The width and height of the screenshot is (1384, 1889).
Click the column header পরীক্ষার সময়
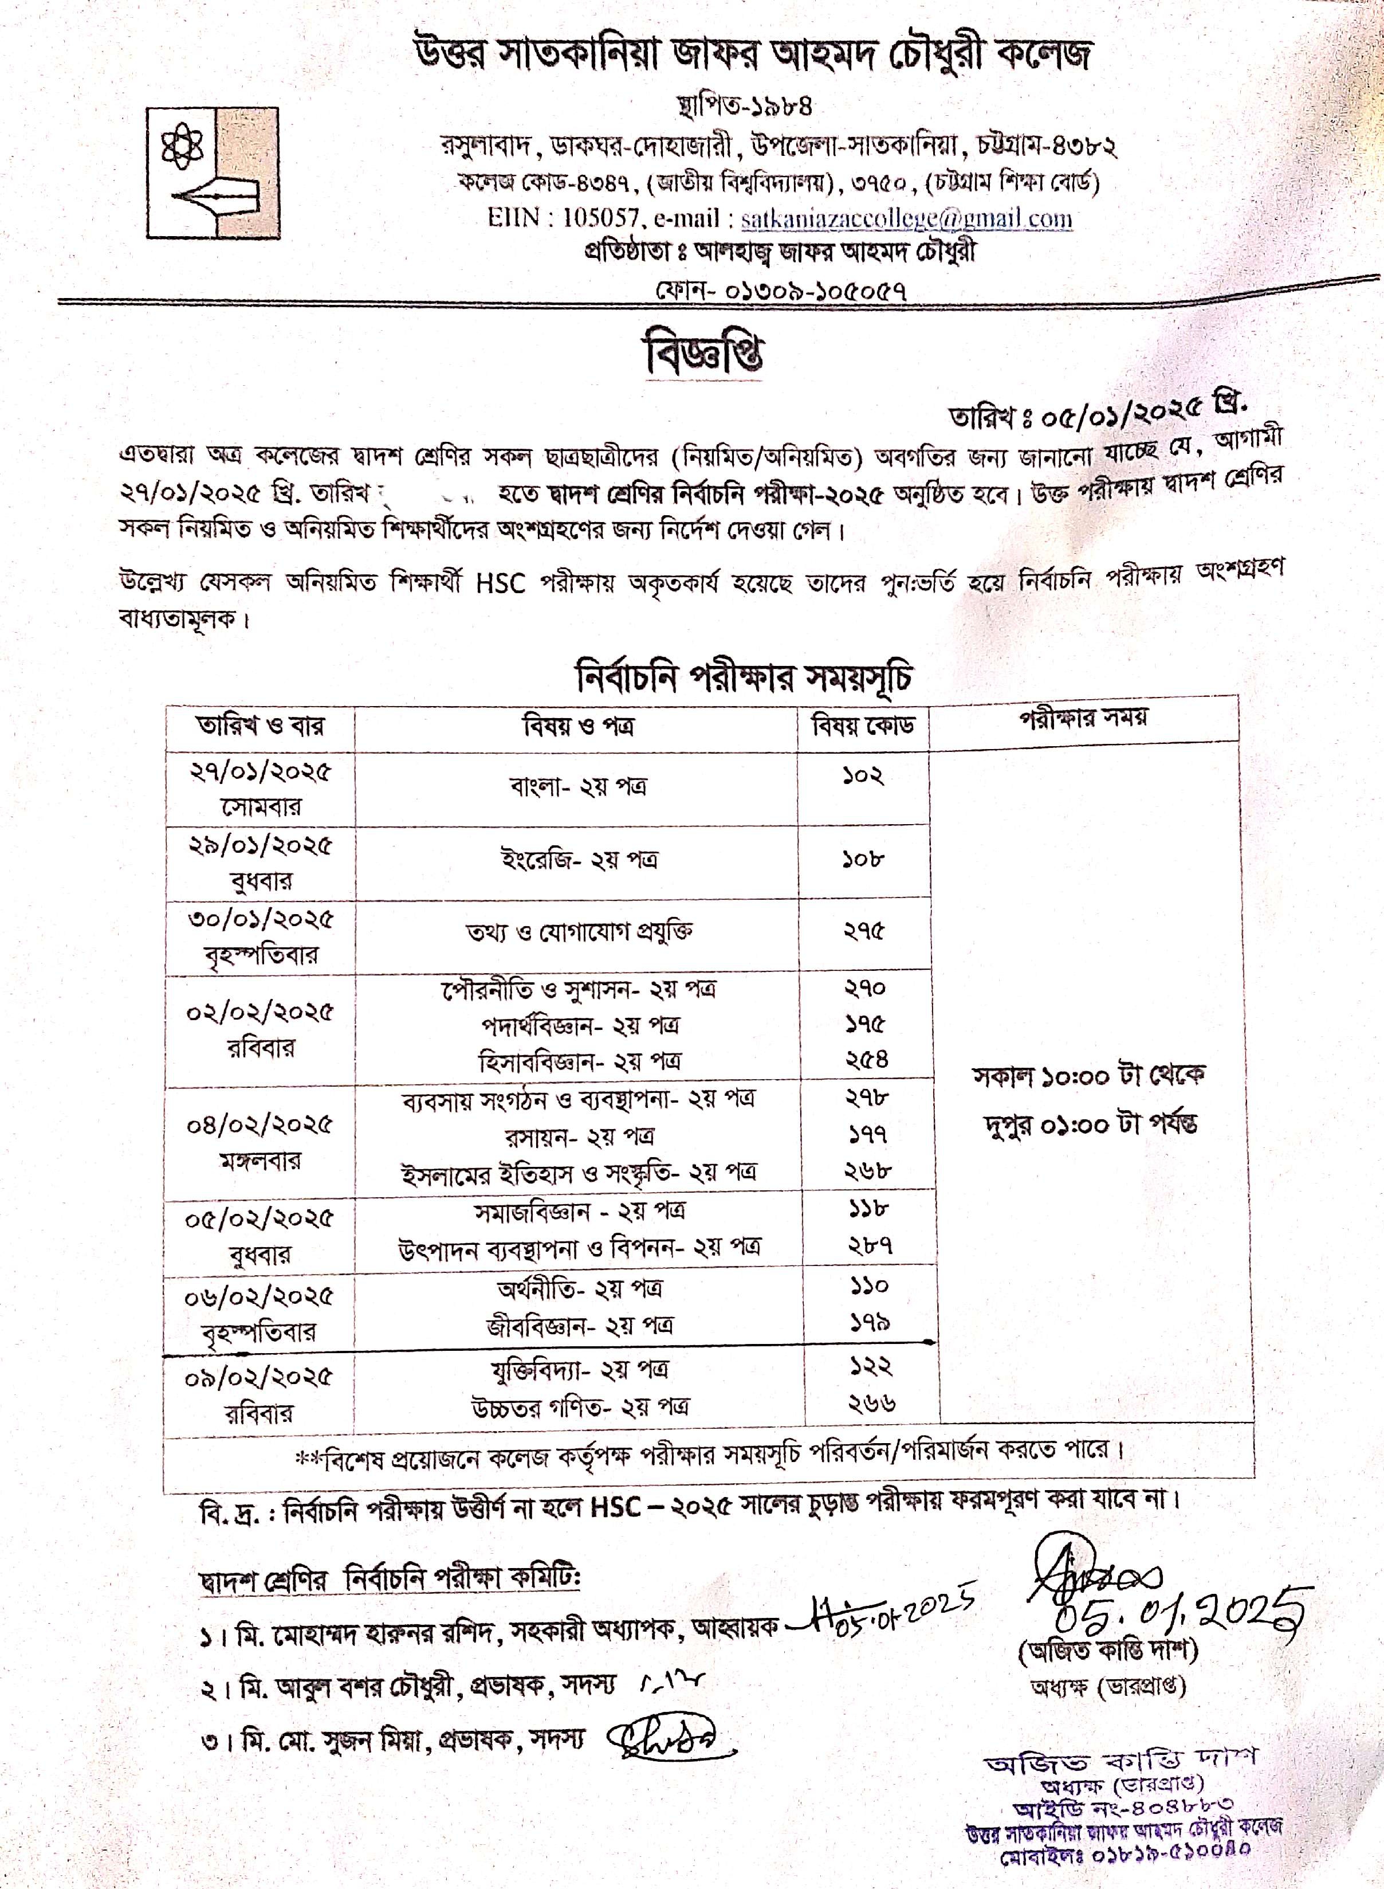1083,718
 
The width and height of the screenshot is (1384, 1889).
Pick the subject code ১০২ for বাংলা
863,776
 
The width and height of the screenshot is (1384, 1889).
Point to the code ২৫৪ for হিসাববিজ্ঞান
866,1060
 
